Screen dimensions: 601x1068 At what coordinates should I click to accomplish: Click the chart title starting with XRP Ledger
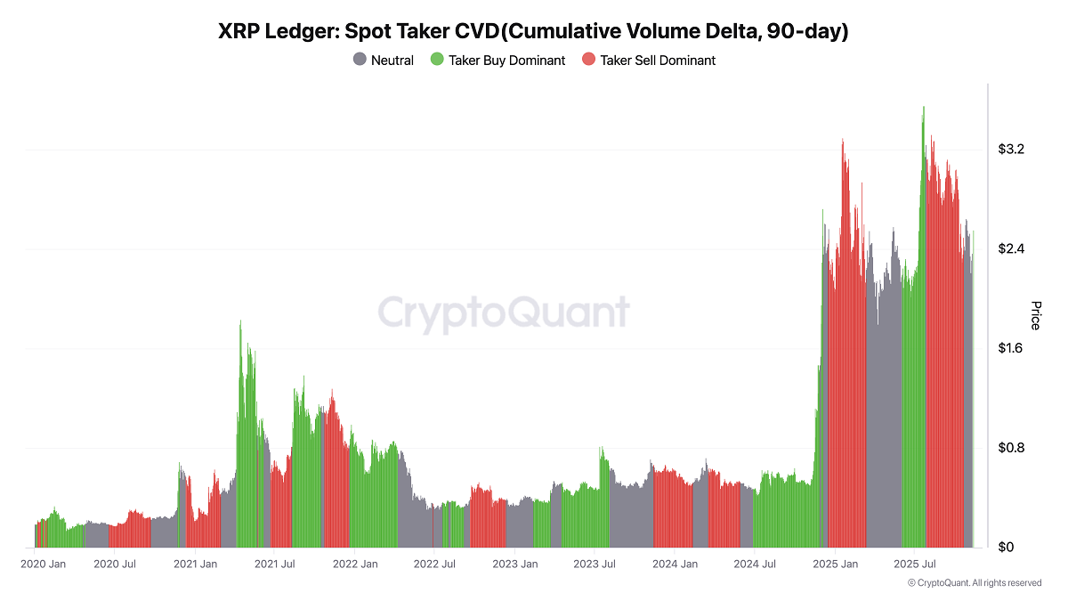533,32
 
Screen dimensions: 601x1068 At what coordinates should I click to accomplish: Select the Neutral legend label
392,61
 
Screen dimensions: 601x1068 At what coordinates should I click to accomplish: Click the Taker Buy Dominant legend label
506,61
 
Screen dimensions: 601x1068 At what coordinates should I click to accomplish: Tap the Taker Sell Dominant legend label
658,61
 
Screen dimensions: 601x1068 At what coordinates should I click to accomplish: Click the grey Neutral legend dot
360,60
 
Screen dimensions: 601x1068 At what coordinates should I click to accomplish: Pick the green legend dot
437,60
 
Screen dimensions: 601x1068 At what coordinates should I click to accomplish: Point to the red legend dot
588,60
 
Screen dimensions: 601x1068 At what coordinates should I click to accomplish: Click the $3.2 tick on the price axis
1011,150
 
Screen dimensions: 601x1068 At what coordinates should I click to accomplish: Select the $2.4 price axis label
1011,248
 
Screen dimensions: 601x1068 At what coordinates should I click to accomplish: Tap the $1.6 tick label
1011,348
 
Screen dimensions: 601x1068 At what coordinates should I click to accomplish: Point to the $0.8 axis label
1011,448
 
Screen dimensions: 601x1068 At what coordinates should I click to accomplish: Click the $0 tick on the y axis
1006,547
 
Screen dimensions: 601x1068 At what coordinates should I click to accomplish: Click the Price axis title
1035,315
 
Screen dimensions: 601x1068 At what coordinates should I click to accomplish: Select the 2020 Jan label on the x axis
43,564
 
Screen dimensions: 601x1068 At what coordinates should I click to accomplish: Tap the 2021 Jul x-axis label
275,564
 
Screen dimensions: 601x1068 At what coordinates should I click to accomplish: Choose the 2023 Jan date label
515,564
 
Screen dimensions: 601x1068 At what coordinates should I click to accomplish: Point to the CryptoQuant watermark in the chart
504,313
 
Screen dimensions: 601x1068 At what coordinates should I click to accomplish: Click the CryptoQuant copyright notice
974,583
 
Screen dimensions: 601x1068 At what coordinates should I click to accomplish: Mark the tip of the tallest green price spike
924,107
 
